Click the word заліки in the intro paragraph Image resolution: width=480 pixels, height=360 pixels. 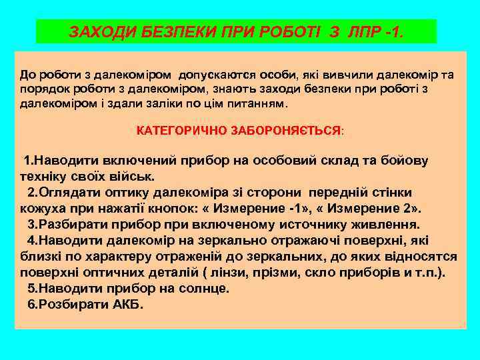(x=181, y=104)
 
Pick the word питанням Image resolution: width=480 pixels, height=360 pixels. (x=257, y=104)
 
